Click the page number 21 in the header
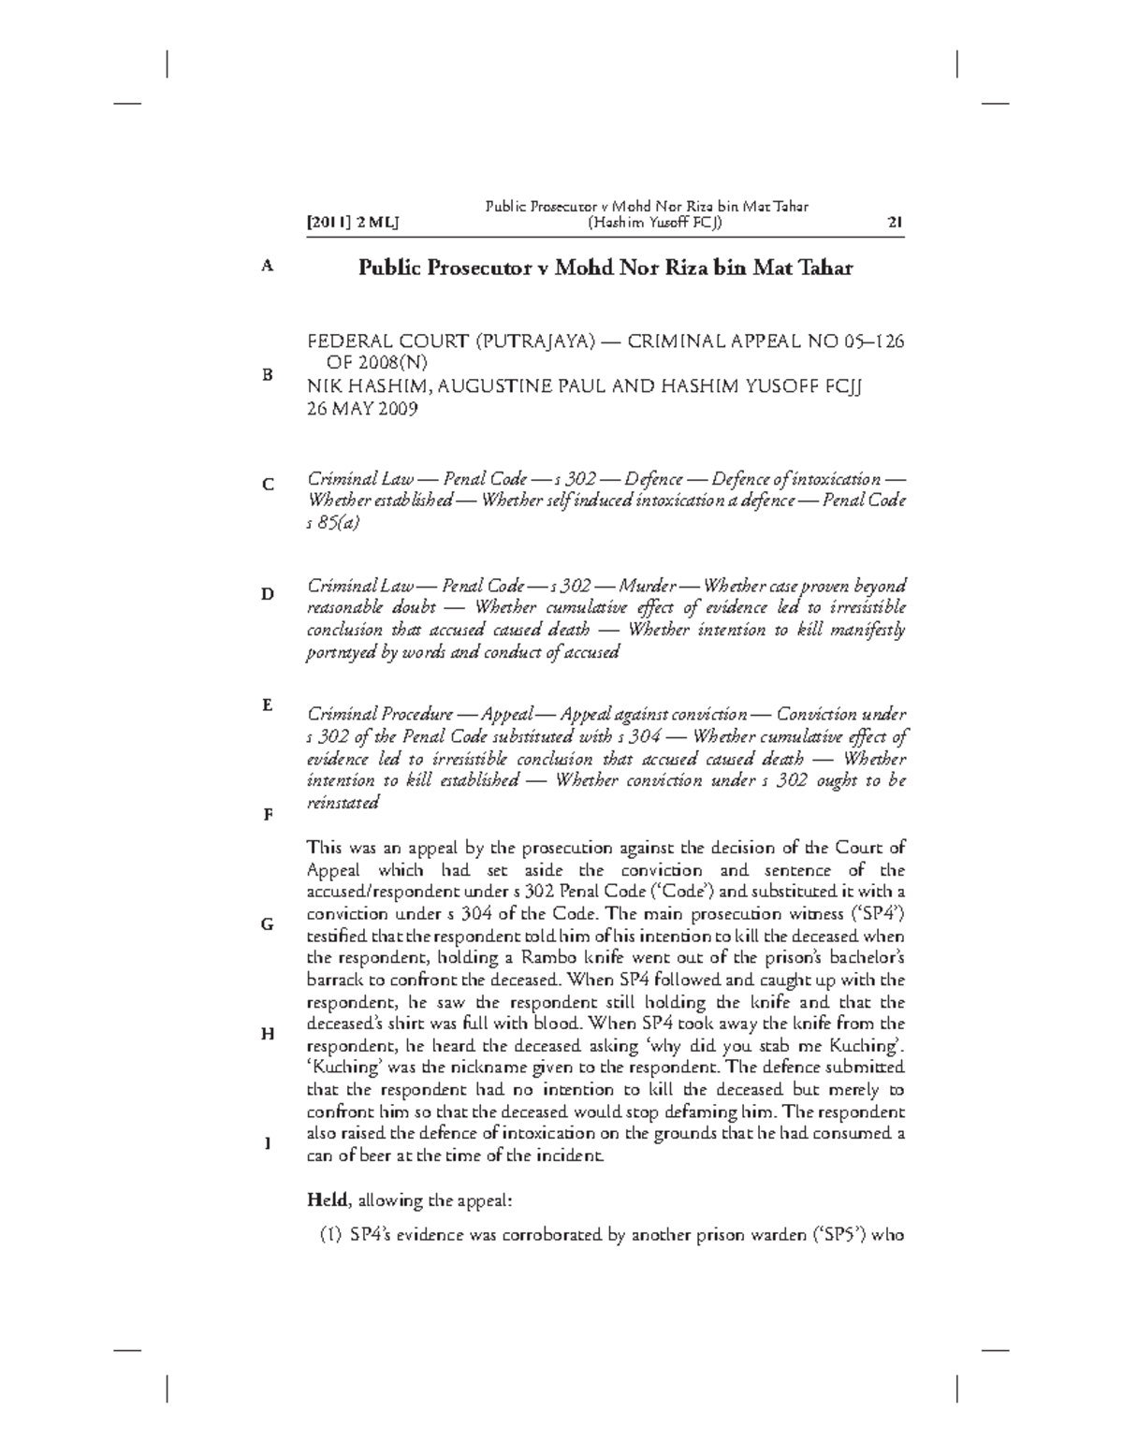(894, 223)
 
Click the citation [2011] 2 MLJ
(353, 223)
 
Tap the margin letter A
(268, 266)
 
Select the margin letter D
(268, 594)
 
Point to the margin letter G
(268, 923)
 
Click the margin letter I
(268, 1142)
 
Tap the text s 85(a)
(333, 523)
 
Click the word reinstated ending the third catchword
(343, 802)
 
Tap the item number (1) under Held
(330, 1235)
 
